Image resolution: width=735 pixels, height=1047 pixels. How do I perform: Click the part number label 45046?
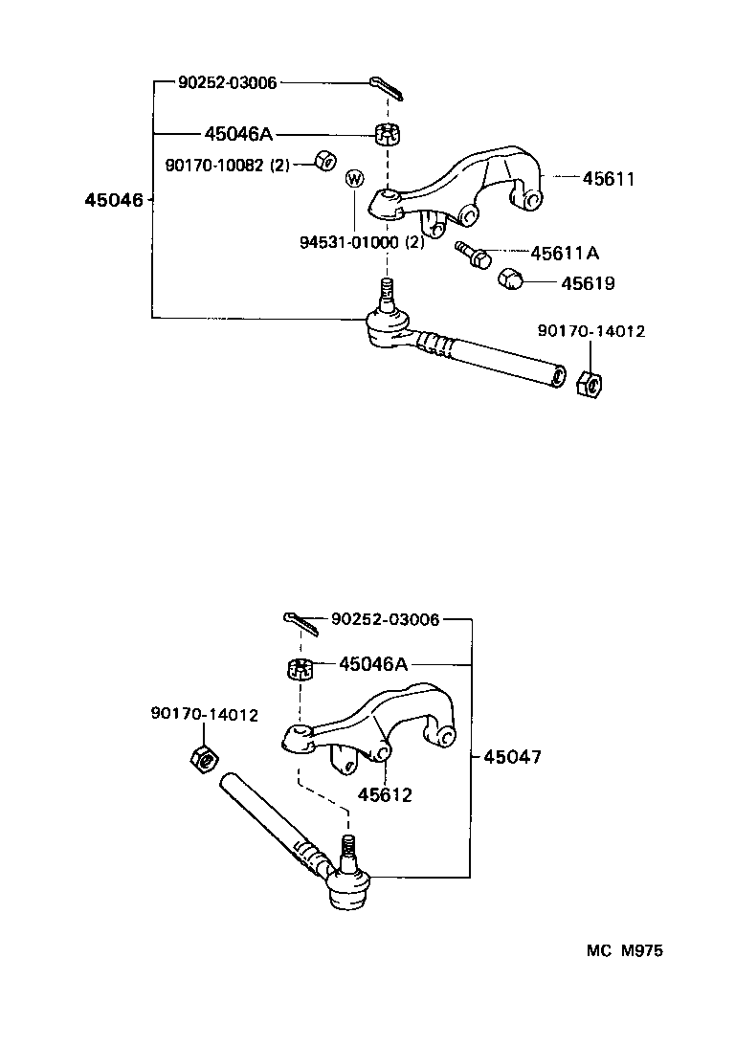[113, 200]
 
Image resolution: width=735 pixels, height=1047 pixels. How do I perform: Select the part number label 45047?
[512, 756]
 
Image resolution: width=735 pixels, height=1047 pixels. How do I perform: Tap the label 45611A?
[565, 253]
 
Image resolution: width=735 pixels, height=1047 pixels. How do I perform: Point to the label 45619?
[588, 283]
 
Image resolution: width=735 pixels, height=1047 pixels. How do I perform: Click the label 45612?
[386, 794]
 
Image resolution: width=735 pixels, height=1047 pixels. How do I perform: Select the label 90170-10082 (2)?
[227, 165]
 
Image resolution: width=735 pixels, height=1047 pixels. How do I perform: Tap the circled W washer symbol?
[354, 178]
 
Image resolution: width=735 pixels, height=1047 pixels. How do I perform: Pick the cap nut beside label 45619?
[511, 279]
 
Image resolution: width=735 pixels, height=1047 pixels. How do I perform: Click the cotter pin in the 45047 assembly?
[301, 623]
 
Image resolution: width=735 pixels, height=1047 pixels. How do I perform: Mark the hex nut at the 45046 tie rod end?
[589, 384]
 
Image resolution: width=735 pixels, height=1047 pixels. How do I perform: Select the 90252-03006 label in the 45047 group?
[386, 619]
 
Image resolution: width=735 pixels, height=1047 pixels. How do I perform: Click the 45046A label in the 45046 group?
[238, 133]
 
